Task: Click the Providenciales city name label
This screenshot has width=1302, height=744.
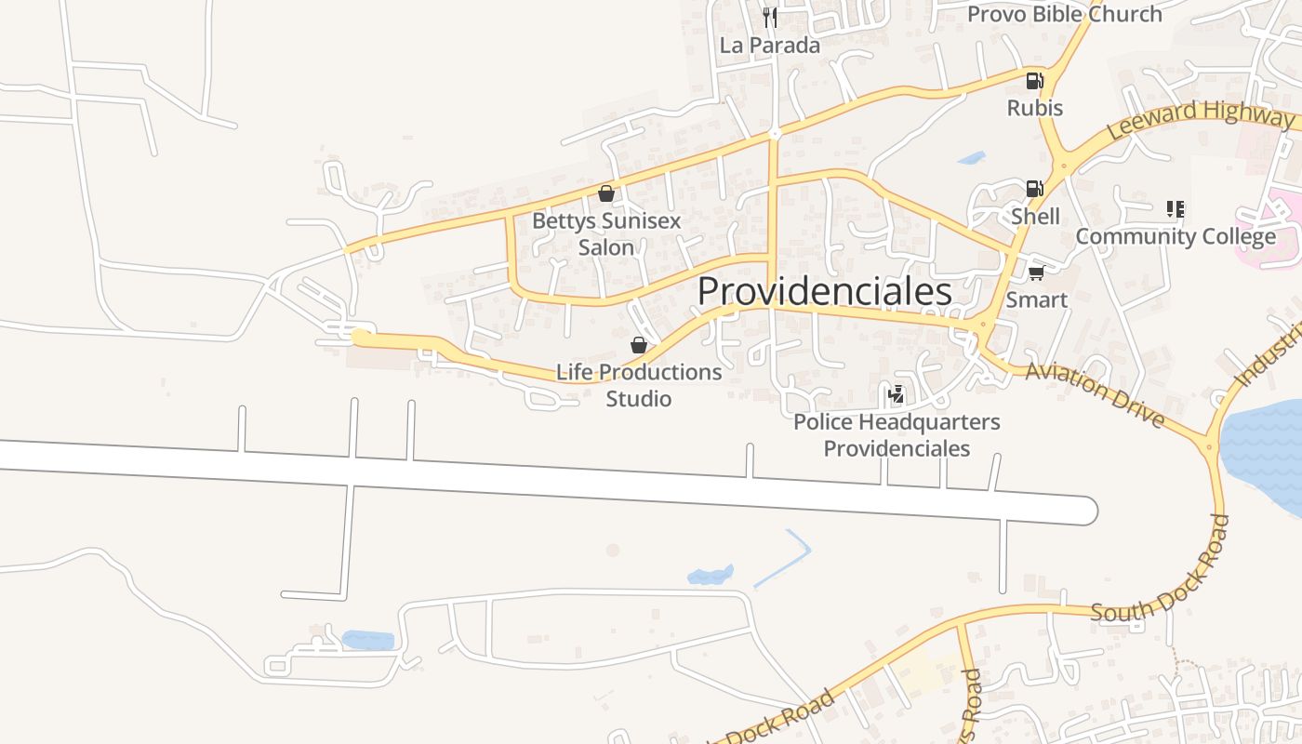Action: pyautogui.click(x=824, y=292)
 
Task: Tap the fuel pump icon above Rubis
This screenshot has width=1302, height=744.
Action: pyautogui.click(x=1034, y=81)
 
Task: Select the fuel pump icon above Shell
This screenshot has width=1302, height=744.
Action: pyautogui.click(x=1034, y=189)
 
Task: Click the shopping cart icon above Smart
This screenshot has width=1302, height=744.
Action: pyautogui.click(x=1036, y=272)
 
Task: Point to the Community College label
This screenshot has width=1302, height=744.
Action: pyautogui.click(x=1176, y=236)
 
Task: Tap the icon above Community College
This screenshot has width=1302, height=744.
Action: pyautogui.click(x=1176, y=209)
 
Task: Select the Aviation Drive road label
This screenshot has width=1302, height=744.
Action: pyautogui.click(x=1095, y=395)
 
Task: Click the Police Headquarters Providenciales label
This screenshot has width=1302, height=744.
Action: pyautogui.click(x=897, y=435)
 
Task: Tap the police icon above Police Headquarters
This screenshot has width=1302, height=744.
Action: pyautogui.click(x=897, y=394)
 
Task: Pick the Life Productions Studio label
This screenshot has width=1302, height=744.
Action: pyautogui.click(x=639, y=385)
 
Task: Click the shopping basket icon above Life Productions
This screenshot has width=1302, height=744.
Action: pyautogui.click(x=639, y=346)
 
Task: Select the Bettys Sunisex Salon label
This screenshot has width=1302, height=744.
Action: pyautogui.click(x=606, y=234)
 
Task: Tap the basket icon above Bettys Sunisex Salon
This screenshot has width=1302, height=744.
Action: pyautogui.click(x=606, y=193)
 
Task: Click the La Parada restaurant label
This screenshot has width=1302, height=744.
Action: pyautogui.click(x=770, y=46)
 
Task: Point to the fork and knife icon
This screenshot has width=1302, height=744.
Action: pyautogui.click(x=769, y=17)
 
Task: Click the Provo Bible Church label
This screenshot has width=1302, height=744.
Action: pyautogui.click(x=1065, y=14)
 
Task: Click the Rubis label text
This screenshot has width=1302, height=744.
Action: pyautogui.click(x=1035, y=108)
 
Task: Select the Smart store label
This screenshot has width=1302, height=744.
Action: pyautogui.click(x=1037, y=299)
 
